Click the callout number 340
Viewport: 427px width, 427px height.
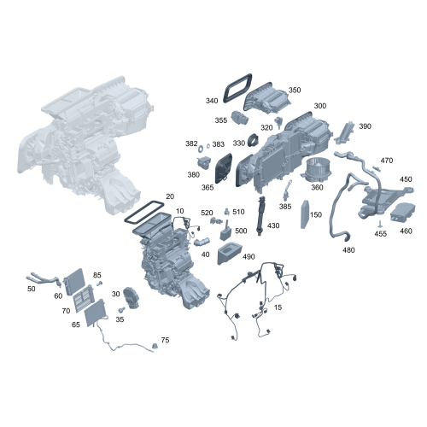tap(212, 100)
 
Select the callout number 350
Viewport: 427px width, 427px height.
tap(295, 90)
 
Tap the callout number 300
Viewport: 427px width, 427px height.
tap(319, 106)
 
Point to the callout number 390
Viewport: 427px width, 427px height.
tap(365, 126)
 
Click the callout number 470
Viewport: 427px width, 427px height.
tap(387, 161)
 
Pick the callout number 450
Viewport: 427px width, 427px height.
tap(406, 179)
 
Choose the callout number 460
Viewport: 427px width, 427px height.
tap(406, 231)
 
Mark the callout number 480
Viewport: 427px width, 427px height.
tap(348, 250)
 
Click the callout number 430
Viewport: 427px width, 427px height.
tap(273, 225)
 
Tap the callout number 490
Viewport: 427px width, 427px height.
tap(249, 256)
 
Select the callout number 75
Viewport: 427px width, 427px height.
tap(165, 340)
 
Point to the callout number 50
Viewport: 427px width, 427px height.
tap(32, 289)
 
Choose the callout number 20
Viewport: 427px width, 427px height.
tap(170, 196)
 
